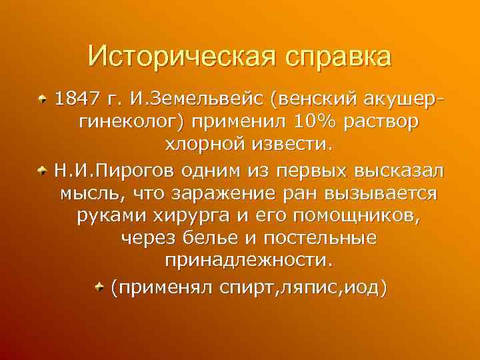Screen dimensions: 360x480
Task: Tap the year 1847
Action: pyautogui.click(x=76, y=101)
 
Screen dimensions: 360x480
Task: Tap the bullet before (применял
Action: pyautogui.click(x=98, y=287)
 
